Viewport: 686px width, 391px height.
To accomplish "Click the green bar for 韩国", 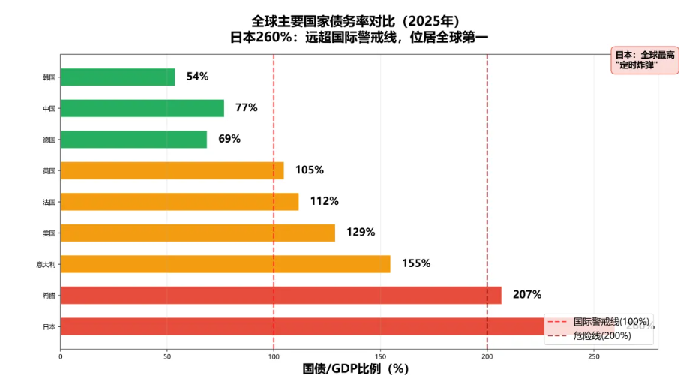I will tap(117, 77).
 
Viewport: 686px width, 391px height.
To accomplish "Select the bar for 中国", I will tap(142, 108).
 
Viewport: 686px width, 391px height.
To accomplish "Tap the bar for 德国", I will tap(133, 140).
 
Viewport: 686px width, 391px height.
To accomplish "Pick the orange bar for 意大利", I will tap(225, 264).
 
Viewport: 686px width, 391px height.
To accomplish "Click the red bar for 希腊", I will tap(280, 295).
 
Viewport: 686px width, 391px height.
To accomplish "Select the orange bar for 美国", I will tap(197, 233).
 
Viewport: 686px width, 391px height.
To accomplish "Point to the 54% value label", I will tap(197, 77).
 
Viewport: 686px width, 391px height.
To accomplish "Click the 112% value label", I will tap(324, 201).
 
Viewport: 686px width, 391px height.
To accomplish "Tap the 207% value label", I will tap(526, 295).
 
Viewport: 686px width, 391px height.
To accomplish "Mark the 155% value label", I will tap(415, 263).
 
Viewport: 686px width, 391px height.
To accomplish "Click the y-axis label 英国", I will tap(49, 171).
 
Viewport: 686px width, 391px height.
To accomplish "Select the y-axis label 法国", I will tap(49, 202).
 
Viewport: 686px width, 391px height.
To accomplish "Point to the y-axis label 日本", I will tap(49, 326).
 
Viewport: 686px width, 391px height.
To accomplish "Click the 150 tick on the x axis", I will tap(380, 356).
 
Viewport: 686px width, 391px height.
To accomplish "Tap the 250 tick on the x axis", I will tap(594, 356).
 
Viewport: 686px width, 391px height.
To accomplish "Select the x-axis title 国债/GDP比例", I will tap(355, 369).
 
